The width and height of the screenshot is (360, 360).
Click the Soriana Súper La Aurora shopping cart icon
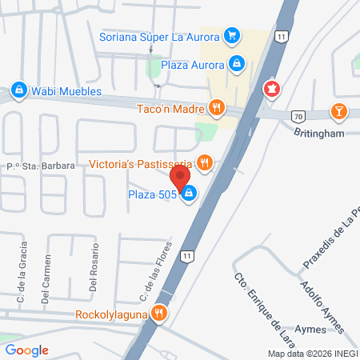tap(231, 36)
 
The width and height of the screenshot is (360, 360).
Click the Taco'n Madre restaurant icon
tap(216, 106)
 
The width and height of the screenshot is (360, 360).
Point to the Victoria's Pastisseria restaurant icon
tap(206, 163)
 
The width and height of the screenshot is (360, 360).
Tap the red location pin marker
tap(180, 177)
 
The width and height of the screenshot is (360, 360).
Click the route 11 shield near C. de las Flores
tap(186, 255)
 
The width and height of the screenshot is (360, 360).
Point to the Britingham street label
tap(318, 133)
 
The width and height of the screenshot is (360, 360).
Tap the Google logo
tap(26, 350)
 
